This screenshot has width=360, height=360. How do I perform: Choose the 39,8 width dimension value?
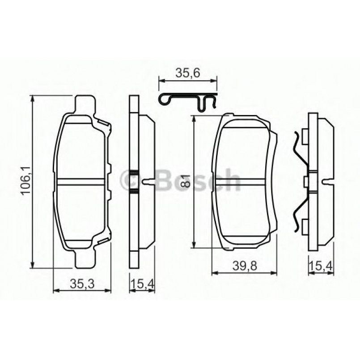(x=244, y=267)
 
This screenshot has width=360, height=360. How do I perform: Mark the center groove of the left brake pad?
(x=83, y=181)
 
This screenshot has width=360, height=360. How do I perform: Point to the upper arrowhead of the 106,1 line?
(x=33, y=99)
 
